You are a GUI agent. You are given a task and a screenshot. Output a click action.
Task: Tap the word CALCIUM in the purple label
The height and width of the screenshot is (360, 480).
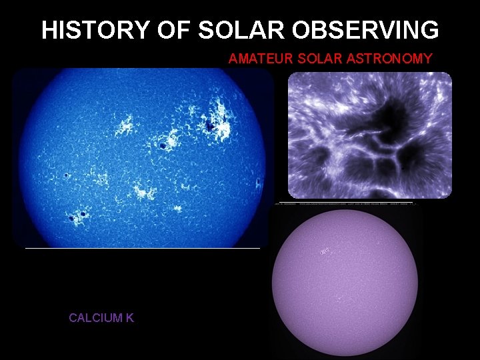click(94, 318)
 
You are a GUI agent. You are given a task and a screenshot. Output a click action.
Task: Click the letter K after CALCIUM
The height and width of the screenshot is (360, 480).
click(129, 318)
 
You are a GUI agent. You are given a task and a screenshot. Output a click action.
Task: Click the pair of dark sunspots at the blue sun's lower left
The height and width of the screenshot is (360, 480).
click(77, 215)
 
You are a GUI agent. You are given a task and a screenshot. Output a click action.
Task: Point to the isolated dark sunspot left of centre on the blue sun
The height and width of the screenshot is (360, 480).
click(67, 175)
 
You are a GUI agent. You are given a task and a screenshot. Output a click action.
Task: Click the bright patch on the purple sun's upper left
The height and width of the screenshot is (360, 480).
click(325, 251)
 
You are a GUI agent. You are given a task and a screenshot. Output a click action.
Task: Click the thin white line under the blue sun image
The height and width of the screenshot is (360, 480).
click(142, 248)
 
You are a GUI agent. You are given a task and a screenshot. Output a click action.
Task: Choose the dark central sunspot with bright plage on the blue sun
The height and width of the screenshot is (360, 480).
click(162, 145)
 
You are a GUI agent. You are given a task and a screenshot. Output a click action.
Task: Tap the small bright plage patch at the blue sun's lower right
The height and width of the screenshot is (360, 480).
click(178, 209)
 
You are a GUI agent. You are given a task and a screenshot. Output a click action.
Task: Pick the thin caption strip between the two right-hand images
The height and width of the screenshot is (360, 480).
click(345, 203)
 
